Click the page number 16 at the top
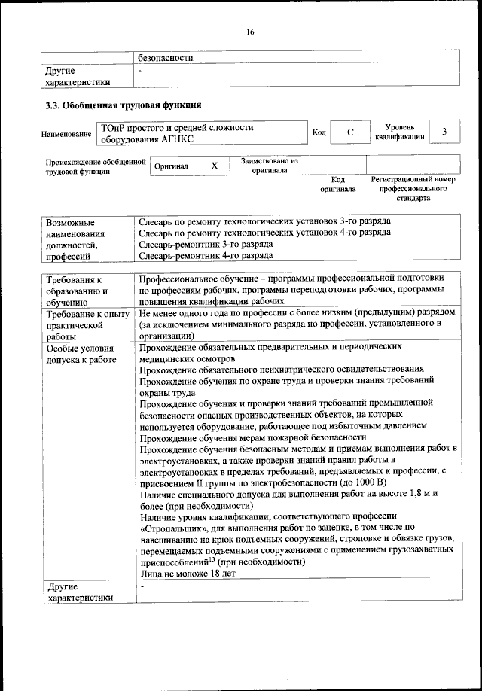click(250, 32)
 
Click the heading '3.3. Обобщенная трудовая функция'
click(124, 105)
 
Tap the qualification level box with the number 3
click(444, 132)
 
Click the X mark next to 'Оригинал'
click(214, 166)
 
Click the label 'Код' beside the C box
click(319, 132)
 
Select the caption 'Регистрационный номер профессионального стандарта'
click(413, 189)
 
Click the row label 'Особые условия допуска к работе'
click(82, 354)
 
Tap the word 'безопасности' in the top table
click(166, 57)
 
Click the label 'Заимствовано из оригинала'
click(270, 166)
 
